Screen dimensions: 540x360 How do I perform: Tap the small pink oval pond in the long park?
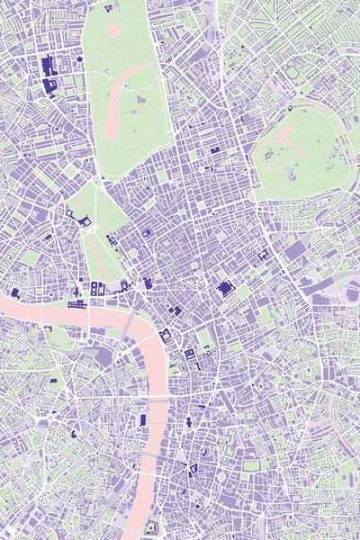(115, 29)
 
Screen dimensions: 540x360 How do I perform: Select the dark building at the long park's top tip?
(109, 8)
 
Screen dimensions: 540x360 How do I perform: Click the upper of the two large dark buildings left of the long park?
(47, 66)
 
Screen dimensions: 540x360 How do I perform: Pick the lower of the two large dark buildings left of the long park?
(49, 85)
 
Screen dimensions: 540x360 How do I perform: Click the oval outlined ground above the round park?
(293, 72)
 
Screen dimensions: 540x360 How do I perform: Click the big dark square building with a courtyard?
(225, 288)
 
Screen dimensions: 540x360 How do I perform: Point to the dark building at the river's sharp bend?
(165, 336)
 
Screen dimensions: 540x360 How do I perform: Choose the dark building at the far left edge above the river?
(14, 293)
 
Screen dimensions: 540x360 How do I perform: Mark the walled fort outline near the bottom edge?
(151, 526)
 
